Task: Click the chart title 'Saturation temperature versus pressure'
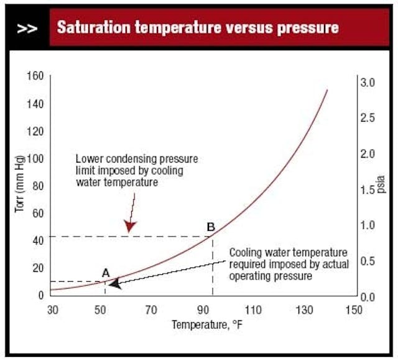point(198,27)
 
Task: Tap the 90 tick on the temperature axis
point(203,309)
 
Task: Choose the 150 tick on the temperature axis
point(352,309)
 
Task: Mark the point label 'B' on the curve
point(211,227)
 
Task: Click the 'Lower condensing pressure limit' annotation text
point(129,170)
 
